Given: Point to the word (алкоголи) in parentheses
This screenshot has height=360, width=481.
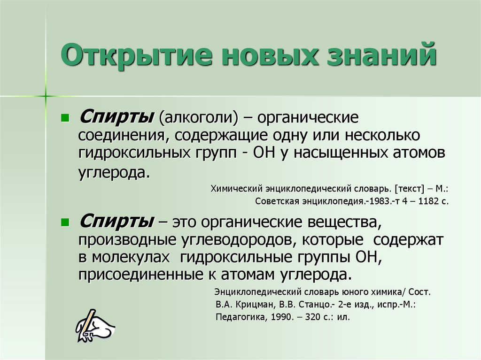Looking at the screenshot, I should (200, 117).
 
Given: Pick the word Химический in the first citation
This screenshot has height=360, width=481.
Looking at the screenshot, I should (233, 190).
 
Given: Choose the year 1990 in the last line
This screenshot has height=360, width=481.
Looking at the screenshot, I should (281, 317).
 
